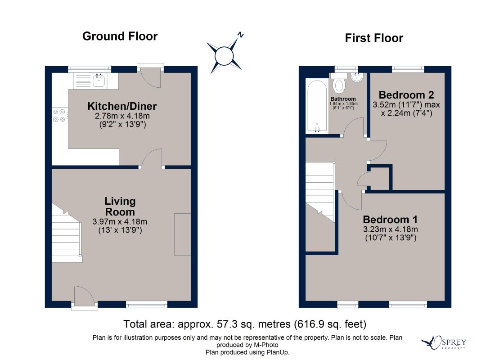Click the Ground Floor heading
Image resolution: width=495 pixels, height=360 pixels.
(120, 36)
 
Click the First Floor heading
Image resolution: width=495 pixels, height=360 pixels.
(374, 38)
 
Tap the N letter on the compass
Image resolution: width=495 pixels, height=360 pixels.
(241, 35)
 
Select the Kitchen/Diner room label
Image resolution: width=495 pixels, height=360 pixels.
(122, 106)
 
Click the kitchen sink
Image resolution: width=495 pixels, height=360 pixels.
(99, 81)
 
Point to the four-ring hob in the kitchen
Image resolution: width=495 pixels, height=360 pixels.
(59, 116)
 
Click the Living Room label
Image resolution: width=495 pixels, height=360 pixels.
(120, 207)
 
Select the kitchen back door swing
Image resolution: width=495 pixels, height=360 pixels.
(151, 78)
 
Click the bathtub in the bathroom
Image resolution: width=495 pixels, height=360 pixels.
(317, 106)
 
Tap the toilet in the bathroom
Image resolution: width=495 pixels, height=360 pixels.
(339, 83)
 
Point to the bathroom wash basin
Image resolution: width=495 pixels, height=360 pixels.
(357, 77)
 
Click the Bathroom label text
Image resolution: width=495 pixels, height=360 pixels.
(343, 99)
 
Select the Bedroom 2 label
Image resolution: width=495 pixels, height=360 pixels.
(406, 95)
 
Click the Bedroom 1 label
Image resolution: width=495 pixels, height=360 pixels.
(390, 220)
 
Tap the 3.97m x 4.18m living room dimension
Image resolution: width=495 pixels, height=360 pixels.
(120, 222)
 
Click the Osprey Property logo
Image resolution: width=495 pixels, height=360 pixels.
(444, 342)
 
